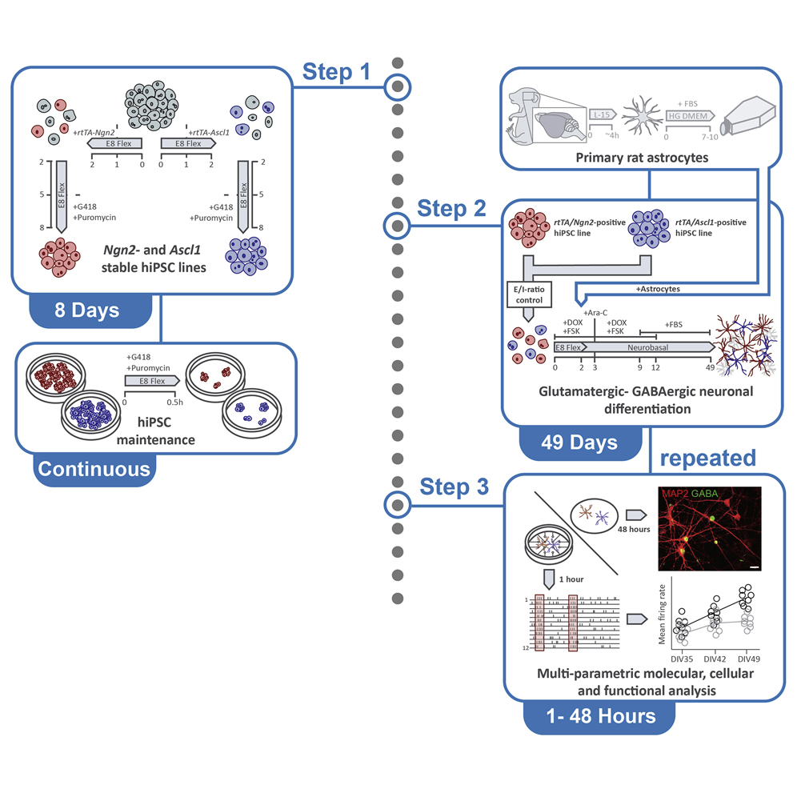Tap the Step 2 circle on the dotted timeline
[397, 227]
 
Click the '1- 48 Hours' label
[591, 715]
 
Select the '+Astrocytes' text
[659, 309]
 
